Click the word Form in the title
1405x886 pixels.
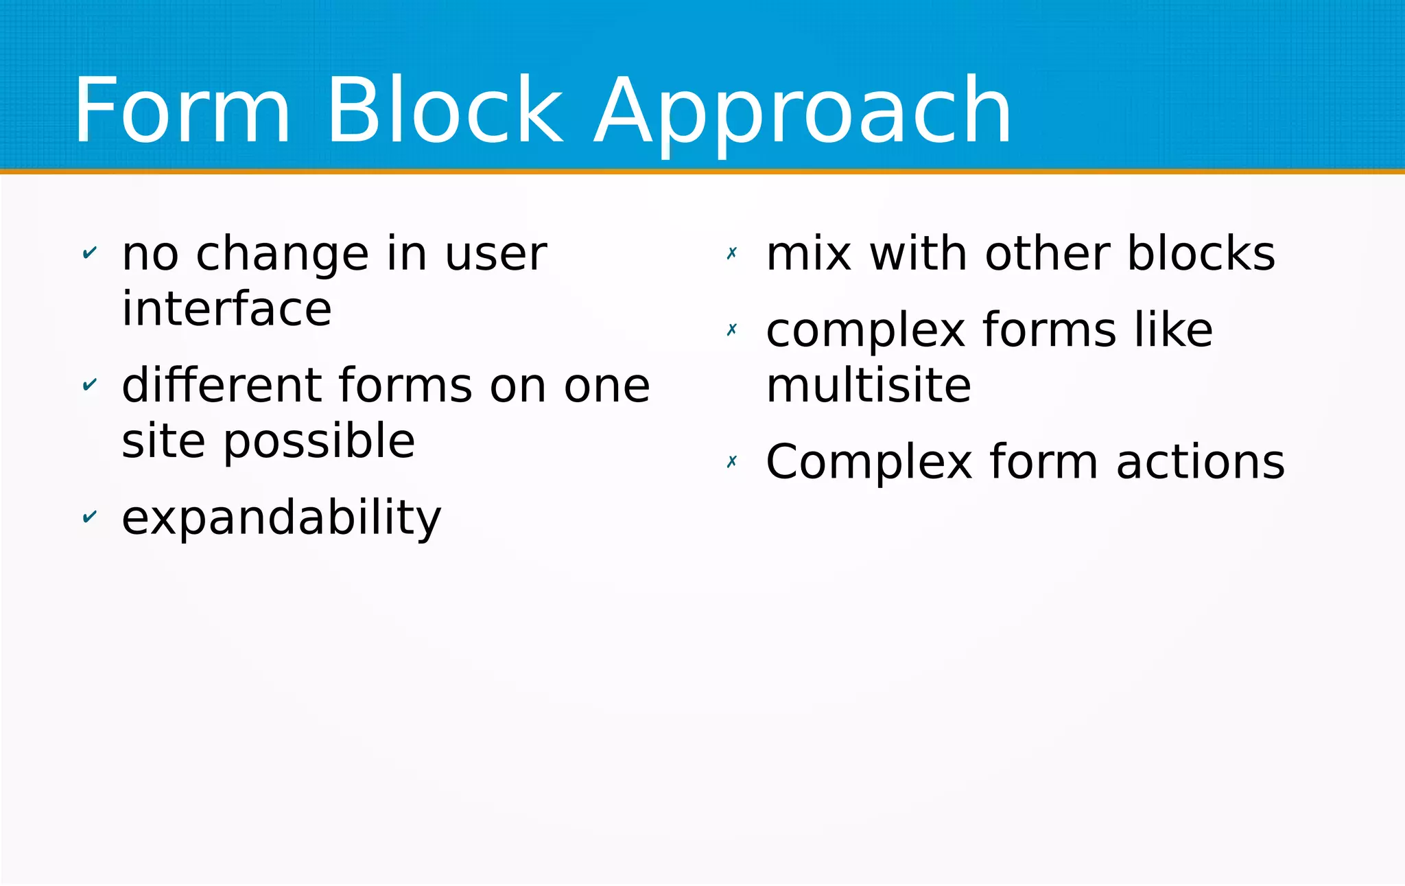[182, 111]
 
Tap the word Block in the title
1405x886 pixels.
[445, 111]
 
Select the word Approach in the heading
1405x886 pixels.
[803, 113]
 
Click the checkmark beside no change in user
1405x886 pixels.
[89, 253]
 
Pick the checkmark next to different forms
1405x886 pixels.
[89, 385]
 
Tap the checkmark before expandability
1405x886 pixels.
[89, 517]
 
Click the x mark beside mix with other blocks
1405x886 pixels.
[732, 253]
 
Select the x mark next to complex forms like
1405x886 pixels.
[732, 330]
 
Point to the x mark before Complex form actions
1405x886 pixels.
[732, 461]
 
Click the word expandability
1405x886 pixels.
[281, 518]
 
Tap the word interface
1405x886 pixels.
[226, 309]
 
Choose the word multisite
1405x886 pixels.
[869, 385]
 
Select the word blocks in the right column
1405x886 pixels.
[1201, 253]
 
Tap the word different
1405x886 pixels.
[220, 385]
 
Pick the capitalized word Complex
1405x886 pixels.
[869, 463]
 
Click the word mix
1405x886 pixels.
[809, 253]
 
